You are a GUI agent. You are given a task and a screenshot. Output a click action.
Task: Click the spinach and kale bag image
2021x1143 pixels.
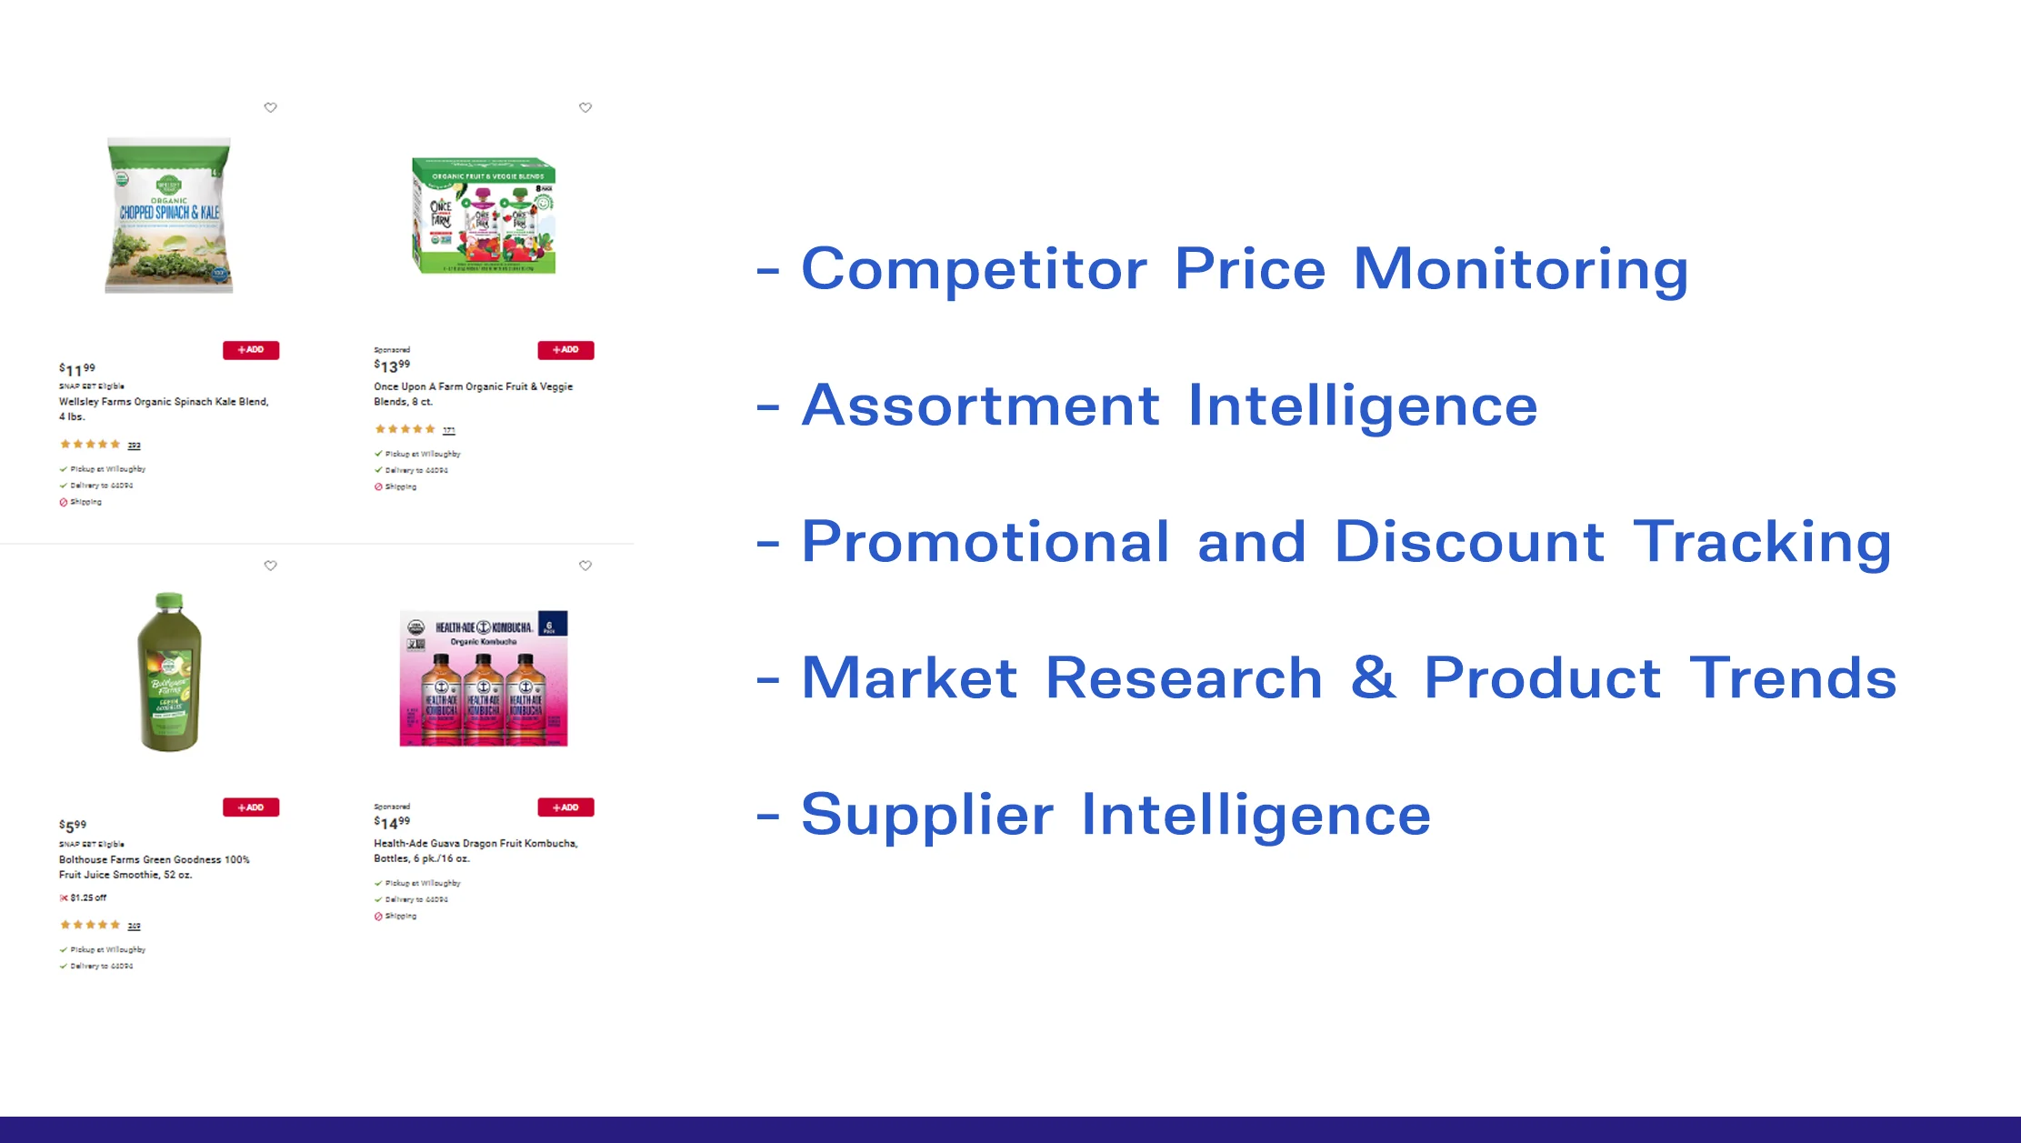click(169, 216)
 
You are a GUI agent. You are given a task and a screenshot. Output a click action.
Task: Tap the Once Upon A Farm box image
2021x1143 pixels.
click(484, 216)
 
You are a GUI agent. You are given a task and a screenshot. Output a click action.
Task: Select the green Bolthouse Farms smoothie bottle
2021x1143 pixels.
click(170, 672)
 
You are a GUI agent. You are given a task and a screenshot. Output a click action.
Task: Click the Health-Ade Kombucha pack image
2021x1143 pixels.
click(484, 677)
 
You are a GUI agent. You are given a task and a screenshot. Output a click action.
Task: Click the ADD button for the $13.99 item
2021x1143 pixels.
click(565, 350)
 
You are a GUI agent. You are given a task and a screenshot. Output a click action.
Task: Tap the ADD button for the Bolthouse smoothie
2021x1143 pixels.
click(251, 807)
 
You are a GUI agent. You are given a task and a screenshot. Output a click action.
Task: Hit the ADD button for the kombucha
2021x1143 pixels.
click(565, 807)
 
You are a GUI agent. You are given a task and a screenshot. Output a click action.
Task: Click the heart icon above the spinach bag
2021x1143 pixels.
click(270, 107)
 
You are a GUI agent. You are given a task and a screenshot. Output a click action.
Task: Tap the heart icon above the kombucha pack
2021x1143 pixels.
click(585, 566)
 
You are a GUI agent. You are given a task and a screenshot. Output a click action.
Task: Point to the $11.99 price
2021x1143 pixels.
click(77, 369)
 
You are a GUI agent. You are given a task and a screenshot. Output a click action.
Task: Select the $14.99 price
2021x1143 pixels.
click(392, 823)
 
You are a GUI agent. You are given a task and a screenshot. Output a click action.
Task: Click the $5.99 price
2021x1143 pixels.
click(73, 826)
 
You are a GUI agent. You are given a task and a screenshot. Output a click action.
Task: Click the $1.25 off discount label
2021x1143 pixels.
click(84, 897)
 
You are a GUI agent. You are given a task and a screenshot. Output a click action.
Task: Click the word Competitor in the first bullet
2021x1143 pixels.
click(974, 269)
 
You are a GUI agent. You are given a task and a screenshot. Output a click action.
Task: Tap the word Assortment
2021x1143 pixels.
click(981, 406)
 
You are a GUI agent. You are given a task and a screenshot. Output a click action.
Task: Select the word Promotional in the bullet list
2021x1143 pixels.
click(985, 542)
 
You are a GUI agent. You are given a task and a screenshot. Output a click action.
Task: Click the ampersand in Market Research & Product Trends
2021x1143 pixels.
click(1373, 677)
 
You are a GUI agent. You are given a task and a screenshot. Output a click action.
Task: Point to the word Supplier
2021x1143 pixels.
click(927, 815)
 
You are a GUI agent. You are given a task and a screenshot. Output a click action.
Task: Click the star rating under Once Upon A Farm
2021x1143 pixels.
click(405, 429)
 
